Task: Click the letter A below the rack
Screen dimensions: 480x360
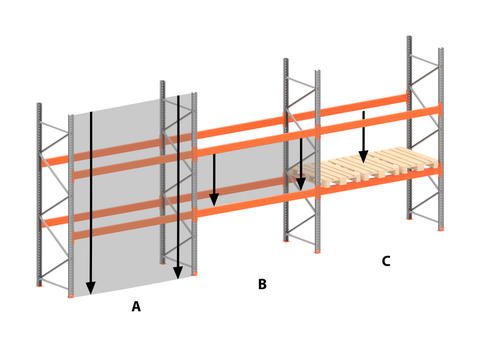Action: pos(136,306)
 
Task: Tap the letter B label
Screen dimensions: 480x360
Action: pos(262,284)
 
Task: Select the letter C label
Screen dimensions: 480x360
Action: pos(386,261)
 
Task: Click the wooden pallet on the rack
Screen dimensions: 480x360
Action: pos(364,168)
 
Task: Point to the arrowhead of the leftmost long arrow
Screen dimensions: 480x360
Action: pos(91,288)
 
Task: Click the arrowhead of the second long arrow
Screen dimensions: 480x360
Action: pos(178,273)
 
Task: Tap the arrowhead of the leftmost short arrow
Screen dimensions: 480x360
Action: pos(214,200)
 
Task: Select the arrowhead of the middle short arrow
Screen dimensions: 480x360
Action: pos(301,184)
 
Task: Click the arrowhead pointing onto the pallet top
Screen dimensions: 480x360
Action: pos(363,157)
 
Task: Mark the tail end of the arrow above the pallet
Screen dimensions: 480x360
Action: pos(363,112)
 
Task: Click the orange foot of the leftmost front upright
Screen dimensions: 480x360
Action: pos(70,296)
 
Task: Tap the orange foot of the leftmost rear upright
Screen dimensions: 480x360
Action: pos(39,285)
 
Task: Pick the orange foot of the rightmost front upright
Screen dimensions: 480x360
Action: pos(441,229)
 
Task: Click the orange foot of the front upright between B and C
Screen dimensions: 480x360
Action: pos(317,251)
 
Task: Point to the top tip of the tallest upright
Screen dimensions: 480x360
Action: pos(409,36)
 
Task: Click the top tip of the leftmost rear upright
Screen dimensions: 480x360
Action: pos(39,103)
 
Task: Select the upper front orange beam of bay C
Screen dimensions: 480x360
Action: pos(380,119)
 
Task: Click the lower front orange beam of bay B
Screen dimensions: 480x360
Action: pos(256,202)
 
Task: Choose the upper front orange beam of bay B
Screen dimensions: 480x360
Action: pos(256,142)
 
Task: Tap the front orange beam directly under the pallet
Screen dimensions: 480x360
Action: pos(380,181)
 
